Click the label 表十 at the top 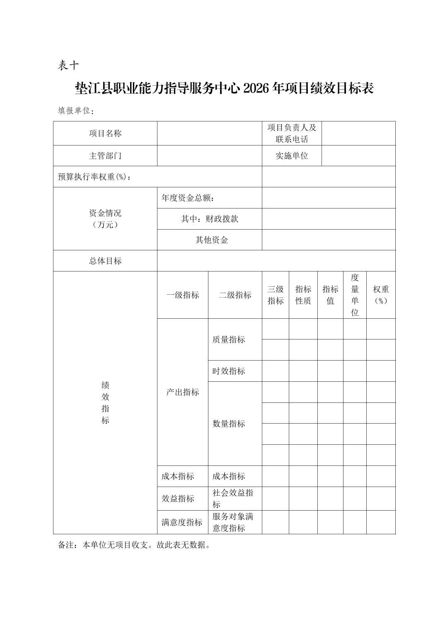point(68,65)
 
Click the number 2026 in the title point(256,88)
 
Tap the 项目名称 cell point(105,133)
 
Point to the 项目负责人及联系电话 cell point(292,133)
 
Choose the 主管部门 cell point(105,156)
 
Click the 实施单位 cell point(292,156)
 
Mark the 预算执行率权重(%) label point(95,177)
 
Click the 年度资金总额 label point(188,198)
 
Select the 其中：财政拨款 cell point(210,219)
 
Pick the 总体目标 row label point(105,261)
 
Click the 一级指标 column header point(183,295)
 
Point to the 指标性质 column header point(303,295)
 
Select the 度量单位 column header point(355,295)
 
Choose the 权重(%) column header point(381,295)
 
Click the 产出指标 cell point(183,392)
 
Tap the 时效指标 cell point(229,371)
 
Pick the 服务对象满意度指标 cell point(233,522)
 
